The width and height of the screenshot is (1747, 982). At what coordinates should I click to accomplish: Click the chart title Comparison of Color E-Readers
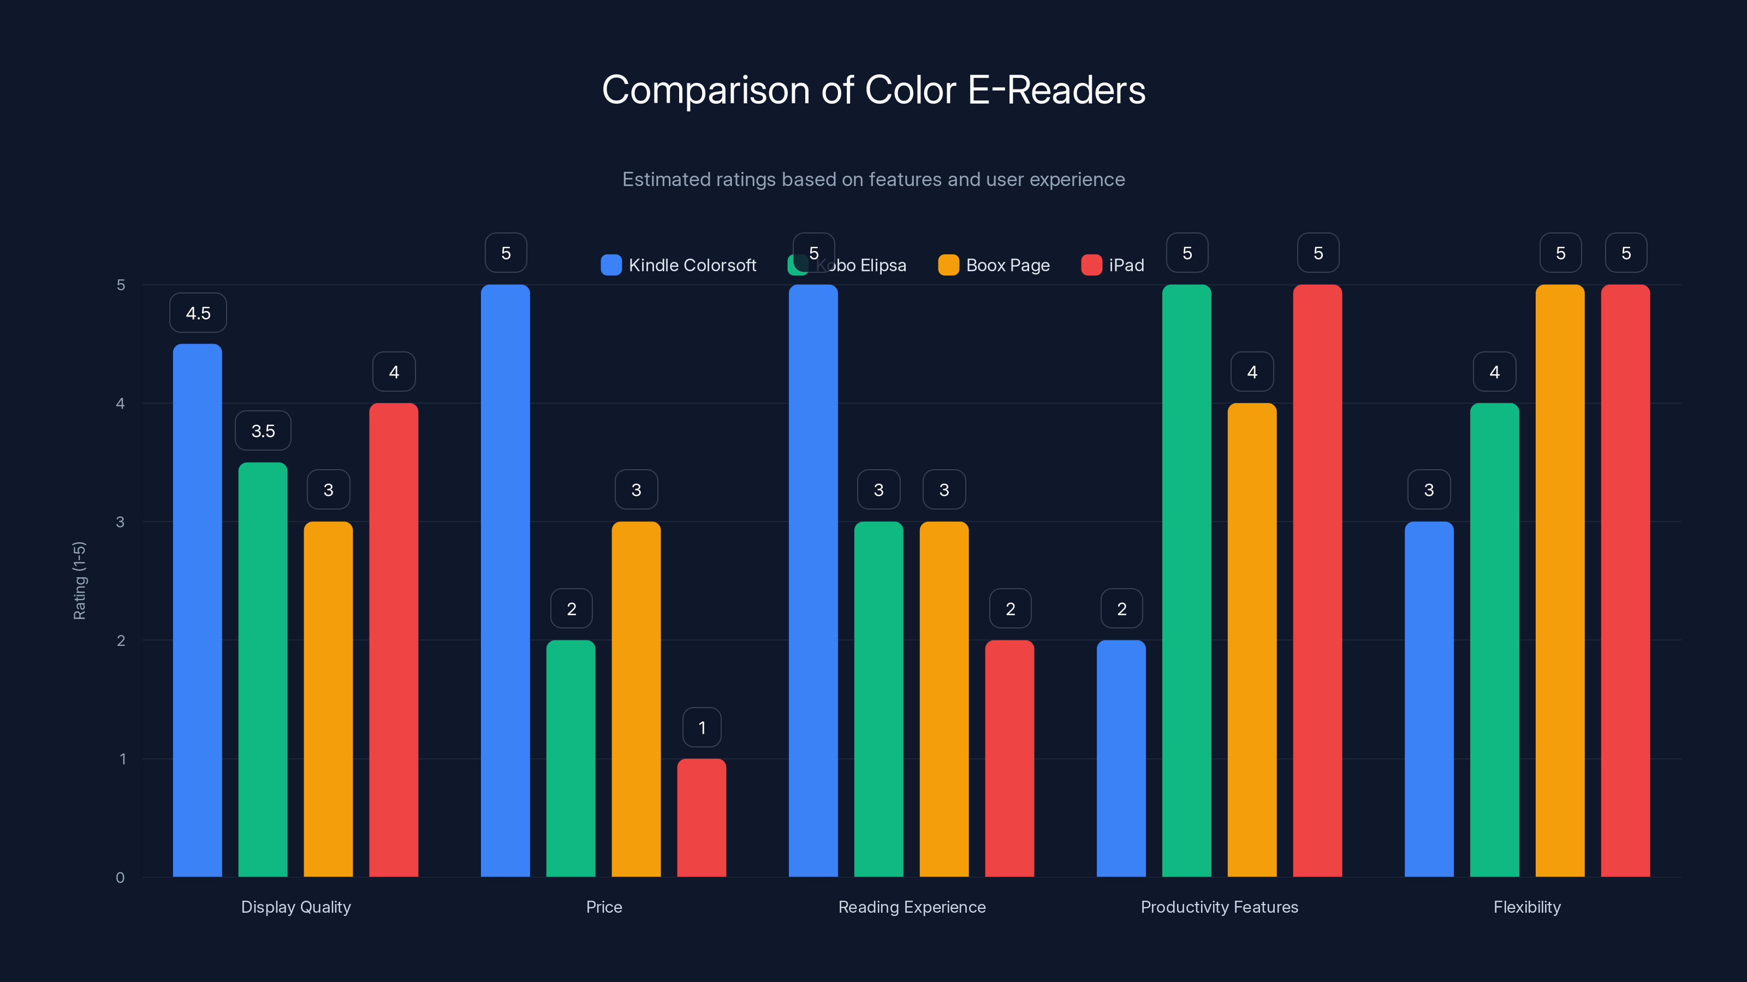[x=873, y=90]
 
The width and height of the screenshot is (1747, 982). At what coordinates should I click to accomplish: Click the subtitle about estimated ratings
[x=873, y=179]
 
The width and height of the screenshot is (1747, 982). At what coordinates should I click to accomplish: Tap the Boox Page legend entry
[x=994, y=265]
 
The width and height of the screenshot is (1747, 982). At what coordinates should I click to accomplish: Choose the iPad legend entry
[x=1113, y=265]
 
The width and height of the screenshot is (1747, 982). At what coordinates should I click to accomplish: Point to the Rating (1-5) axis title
[x=79, y=581]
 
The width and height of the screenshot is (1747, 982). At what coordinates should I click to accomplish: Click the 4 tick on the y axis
[x=121, y=404]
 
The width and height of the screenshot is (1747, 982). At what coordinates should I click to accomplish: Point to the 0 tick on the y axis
[x=121, y=878]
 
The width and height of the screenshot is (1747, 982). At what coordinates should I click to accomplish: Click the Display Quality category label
[x=296, y=907]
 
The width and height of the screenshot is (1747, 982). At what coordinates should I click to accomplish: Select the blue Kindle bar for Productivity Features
[x=1121, y=759]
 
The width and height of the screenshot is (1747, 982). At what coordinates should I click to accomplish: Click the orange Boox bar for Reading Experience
[x=944, y=699]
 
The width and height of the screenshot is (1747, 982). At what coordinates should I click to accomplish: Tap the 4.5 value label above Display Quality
[x=198, y=313]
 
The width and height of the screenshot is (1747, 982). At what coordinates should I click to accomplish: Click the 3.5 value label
[x=263, y=431]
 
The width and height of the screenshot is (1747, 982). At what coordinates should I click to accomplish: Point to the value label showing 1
[x=702, y=728]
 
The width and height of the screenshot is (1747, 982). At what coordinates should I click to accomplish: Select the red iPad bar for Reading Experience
[x=1009, y=759]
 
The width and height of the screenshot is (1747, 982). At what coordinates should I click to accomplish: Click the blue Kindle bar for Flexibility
[x=1429, y=699]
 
